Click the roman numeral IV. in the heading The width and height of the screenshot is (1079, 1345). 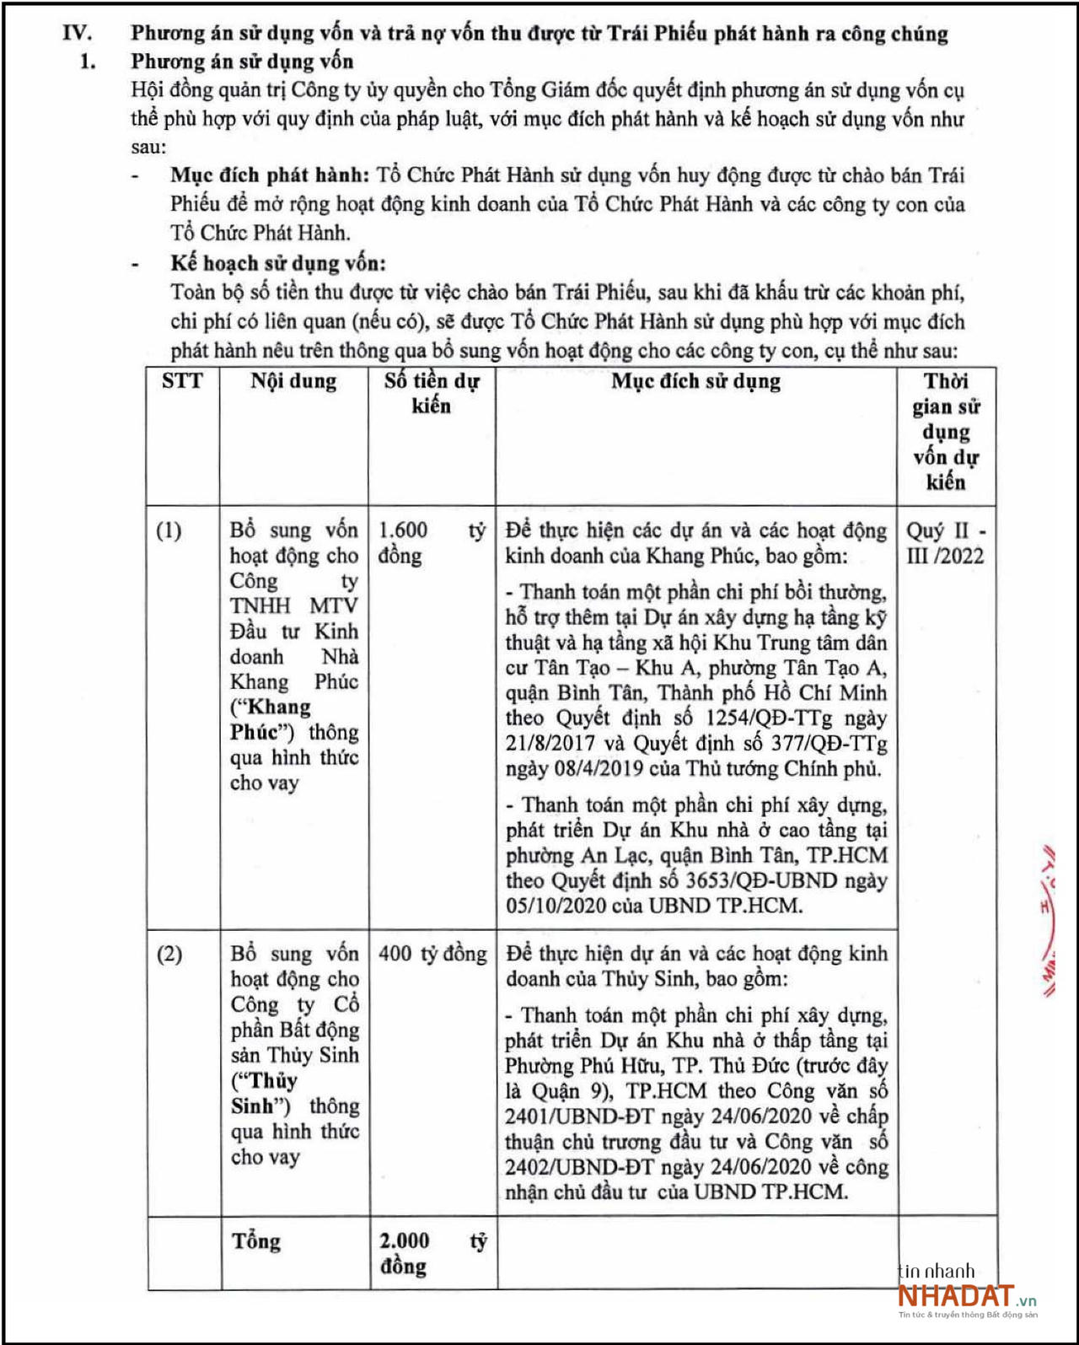[77, 34]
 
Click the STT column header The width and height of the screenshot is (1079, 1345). [182, 381]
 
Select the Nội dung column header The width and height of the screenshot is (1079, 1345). [293, 381]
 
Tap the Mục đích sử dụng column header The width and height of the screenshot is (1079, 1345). [695, 381]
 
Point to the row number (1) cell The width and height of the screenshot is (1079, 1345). [169, 530]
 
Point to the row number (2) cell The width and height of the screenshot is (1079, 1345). [169, 954]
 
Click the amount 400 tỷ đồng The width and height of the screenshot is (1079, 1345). [432, 954]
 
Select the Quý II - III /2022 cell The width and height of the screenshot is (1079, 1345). [945, 543]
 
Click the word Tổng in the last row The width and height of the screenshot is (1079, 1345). [256, 1241]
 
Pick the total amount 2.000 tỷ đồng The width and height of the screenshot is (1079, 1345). [432, 1253]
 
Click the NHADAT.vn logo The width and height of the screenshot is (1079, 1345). [966, 1296]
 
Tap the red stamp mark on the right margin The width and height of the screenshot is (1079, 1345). [1049, 919]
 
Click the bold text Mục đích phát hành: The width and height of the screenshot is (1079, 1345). [270, 175]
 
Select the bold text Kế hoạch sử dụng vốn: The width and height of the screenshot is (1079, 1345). [278, 263]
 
